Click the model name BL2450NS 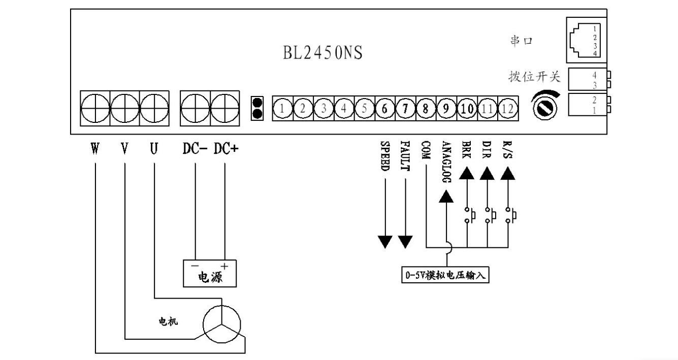tap(322, 53)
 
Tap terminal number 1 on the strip tap(282, 108)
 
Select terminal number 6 tap(384, 108)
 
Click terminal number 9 tap(446, 108)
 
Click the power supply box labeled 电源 tap(210, 275)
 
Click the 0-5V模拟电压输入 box tap(444, 276)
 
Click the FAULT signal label tap(405, 158)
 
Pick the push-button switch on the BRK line tap(468, 215)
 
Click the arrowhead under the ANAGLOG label tap(446, 197)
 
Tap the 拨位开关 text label tap(534, 77)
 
